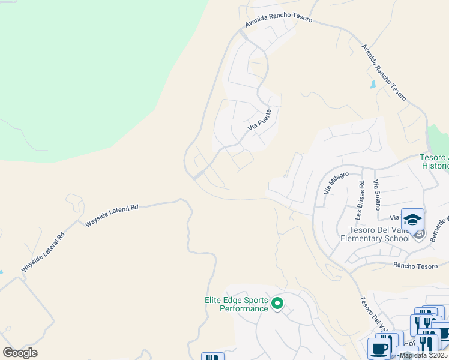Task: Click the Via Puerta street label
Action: pyautogui.click(x=260, y=120)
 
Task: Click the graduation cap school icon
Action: pyautogui.click(x=412, y=220)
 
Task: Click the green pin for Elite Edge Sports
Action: pyautogui.click(x=277, y=304)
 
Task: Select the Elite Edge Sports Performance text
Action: pyautogui.click(x=235, y=305)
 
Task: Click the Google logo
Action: pyautogui.click(x=20, y=353)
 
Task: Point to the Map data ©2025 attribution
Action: pyautogui.click(x=423, y=355)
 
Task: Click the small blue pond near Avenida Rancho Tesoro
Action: pyautogui.click(x=373, y=85)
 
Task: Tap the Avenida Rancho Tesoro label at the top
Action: pyautogui.click(x=278, y=19)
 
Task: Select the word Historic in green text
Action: pyautogui.click(x=435, y=166)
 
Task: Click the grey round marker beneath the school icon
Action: pyautogui.click(x=419, y=234)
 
